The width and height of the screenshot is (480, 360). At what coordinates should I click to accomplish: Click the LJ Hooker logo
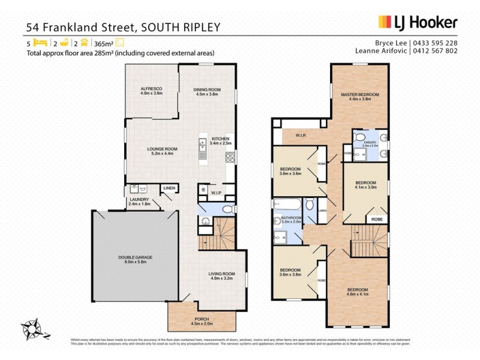(418, 23)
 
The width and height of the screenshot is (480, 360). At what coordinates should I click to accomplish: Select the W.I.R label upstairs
(301, 136)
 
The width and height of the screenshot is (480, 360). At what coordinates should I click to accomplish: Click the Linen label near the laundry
(169, 188)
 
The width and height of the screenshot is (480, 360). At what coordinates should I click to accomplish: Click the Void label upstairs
(347, 152)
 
